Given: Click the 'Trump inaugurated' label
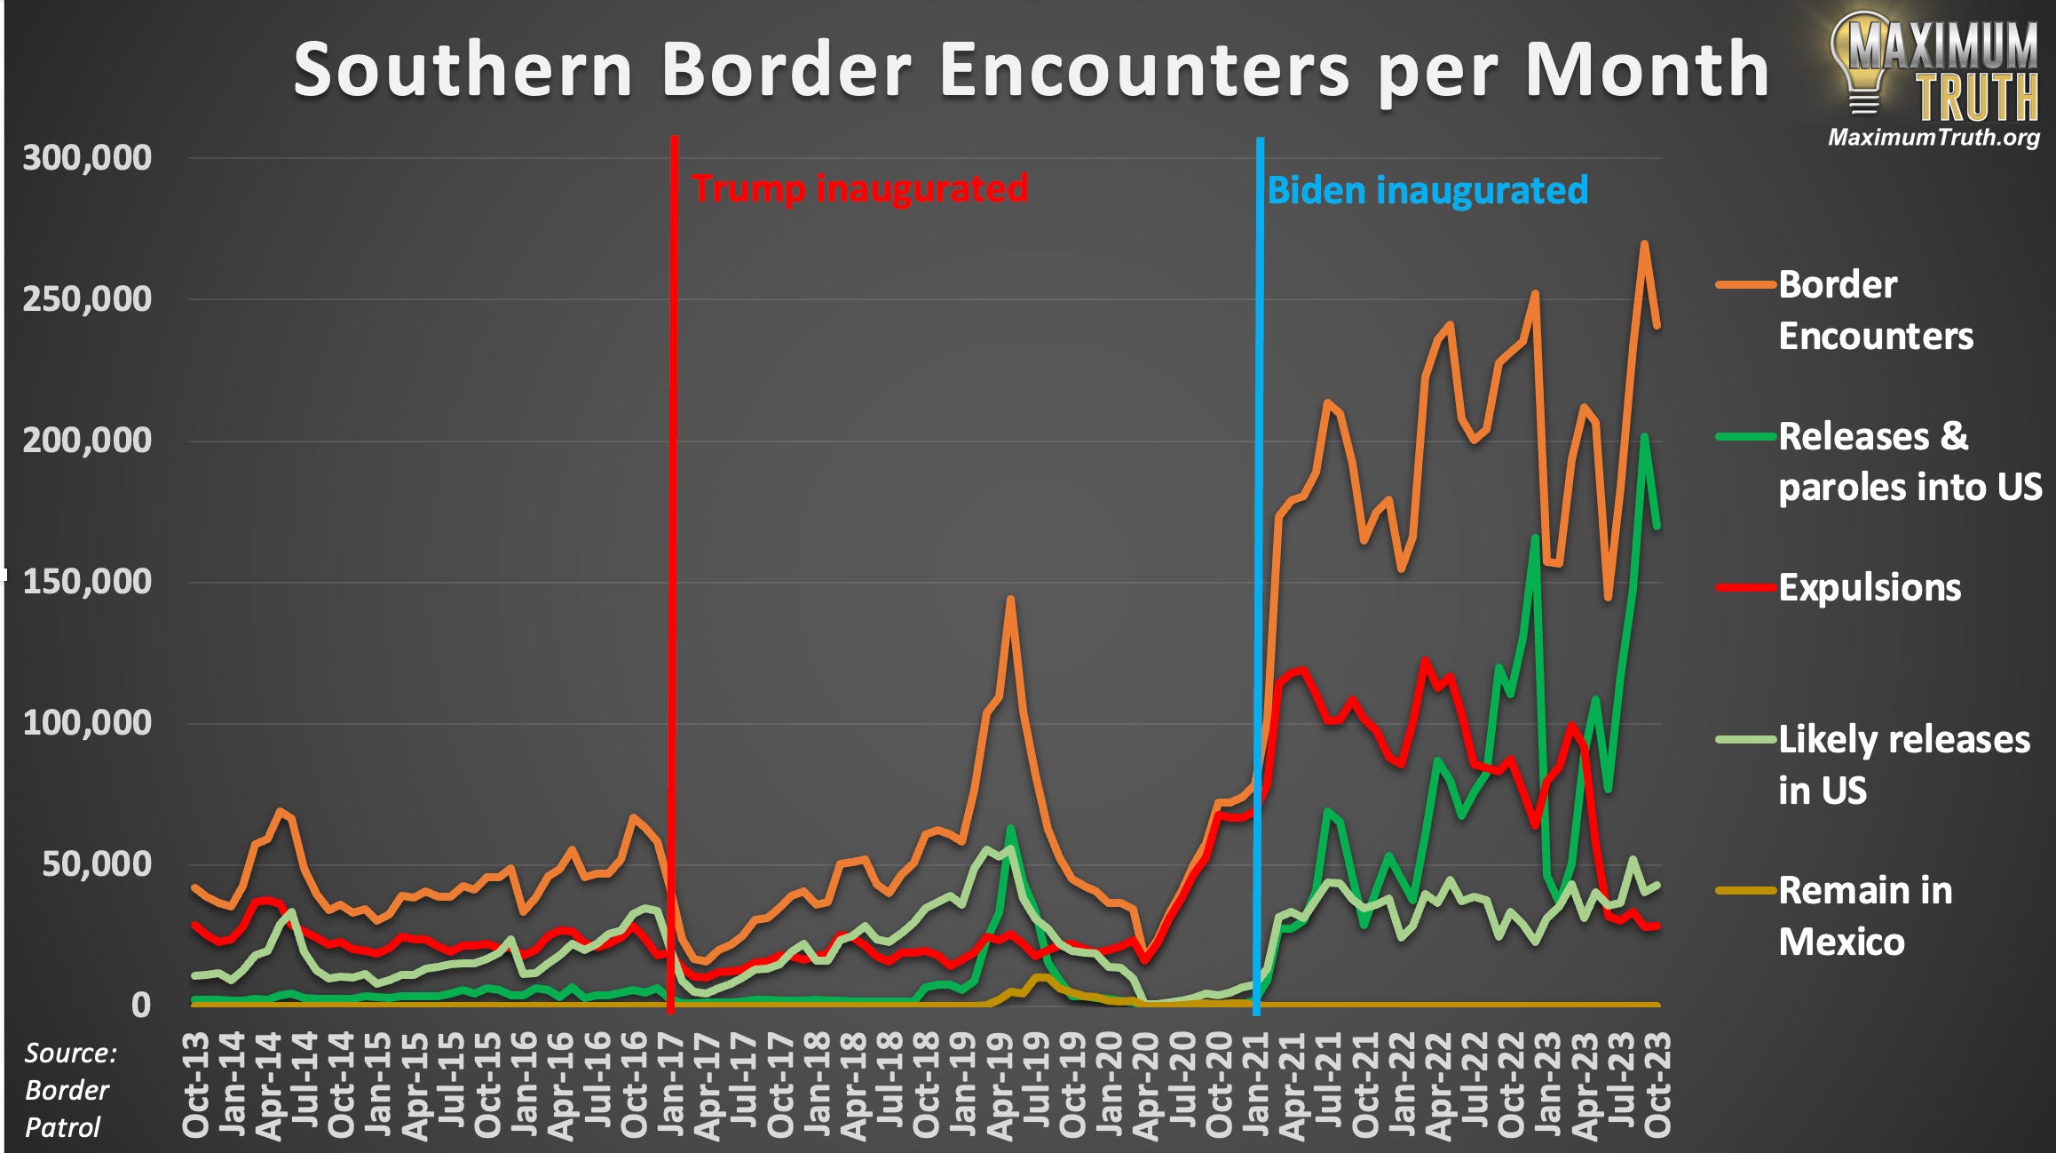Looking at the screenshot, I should tap(859, 189).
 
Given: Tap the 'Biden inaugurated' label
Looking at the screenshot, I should tap(1427, 191).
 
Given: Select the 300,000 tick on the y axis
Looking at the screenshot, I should tap(87, 158).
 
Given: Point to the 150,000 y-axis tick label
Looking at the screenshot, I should tap(87, 582).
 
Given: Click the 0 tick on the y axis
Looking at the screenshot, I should tap(141, 1005).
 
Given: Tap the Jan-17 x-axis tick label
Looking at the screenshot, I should tap(671, 1085).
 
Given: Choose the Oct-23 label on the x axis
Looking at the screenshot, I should tap(1657, 1085).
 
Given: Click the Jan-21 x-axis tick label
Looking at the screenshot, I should tap(1256, 1085).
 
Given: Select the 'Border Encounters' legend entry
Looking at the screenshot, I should tap(1875, 310).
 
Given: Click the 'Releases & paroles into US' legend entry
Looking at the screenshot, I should tap(1909, 462).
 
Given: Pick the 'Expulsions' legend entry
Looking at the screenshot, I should tap(1870, 588).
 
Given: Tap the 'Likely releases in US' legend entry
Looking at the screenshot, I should tap(1903, 765).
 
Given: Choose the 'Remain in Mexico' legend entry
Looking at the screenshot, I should tap(1864, 916).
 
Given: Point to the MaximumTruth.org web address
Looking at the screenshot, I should tap(1933, 137).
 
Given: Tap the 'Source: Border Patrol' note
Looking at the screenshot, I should tap(69, 1090).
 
